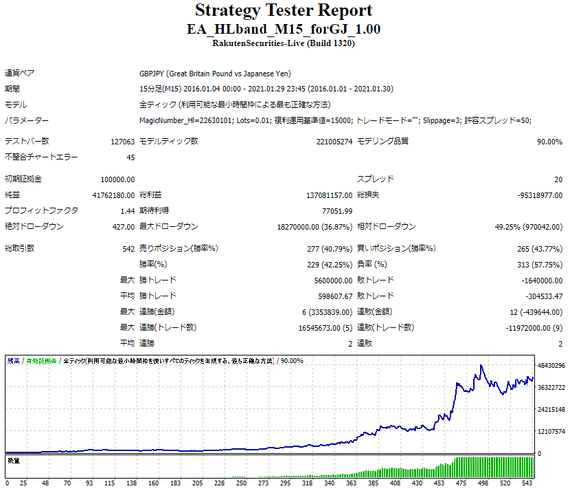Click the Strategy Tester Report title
[x=284, y=11]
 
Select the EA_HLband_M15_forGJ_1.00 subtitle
[x=284, y=30]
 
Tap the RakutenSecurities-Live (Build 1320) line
[x=284, y=43]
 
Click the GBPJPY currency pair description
[x=215, y=74]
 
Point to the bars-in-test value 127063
[x=121, y=142]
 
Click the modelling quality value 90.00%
[x=549, y=142]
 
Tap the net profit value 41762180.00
[x=113, y=195]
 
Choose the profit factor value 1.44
[x=127, y=211]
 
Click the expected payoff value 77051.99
[x=336, y=211]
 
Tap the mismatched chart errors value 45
[x=130, y=157]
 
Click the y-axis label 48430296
[x=551, y=365]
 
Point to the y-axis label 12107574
[x=551, y=431]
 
